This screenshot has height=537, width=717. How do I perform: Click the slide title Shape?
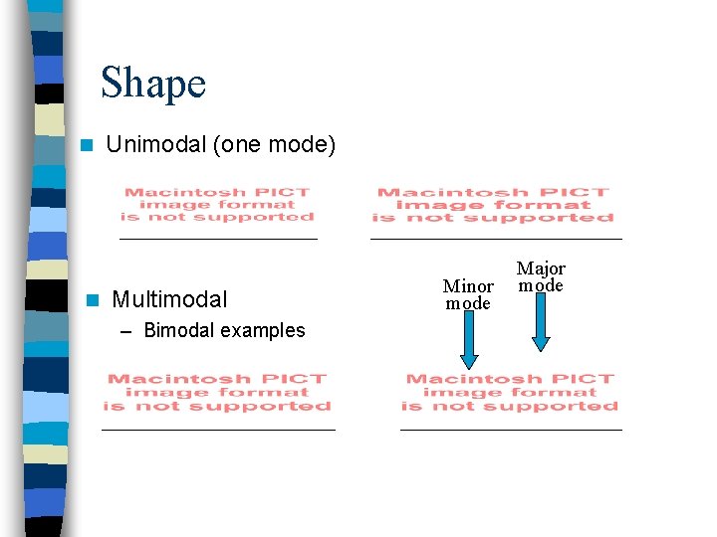(153, 83)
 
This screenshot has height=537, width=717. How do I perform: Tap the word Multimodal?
(169, 298)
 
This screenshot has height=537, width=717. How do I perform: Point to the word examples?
(260, 330)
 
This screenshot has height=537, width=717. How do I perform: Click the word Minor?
(468, 286)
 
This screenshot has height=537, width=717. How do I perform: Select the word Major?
(541, 268)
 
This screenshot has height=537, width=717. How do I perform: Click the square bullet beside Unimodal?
(88, 145)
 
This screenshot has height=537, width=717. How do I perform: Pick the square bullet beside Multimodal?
(92, 299)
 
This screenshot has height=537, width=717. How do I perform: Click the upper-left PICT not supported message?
(217, 205)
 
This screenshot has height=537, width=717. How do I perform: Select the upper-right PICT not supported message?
(493, 205)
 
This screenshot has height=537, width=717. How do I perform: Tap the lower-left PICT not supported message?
(217, 392)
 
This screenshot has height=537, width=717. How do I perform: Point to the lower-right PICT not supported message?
(510, 392)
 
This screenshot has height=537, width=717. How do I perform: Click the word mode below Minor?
(468, 303)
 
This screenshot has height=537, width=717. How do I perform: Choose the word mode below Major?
(541, 285)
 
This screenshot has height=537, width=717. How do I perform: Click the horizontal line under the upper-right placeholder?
(496, 239)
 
